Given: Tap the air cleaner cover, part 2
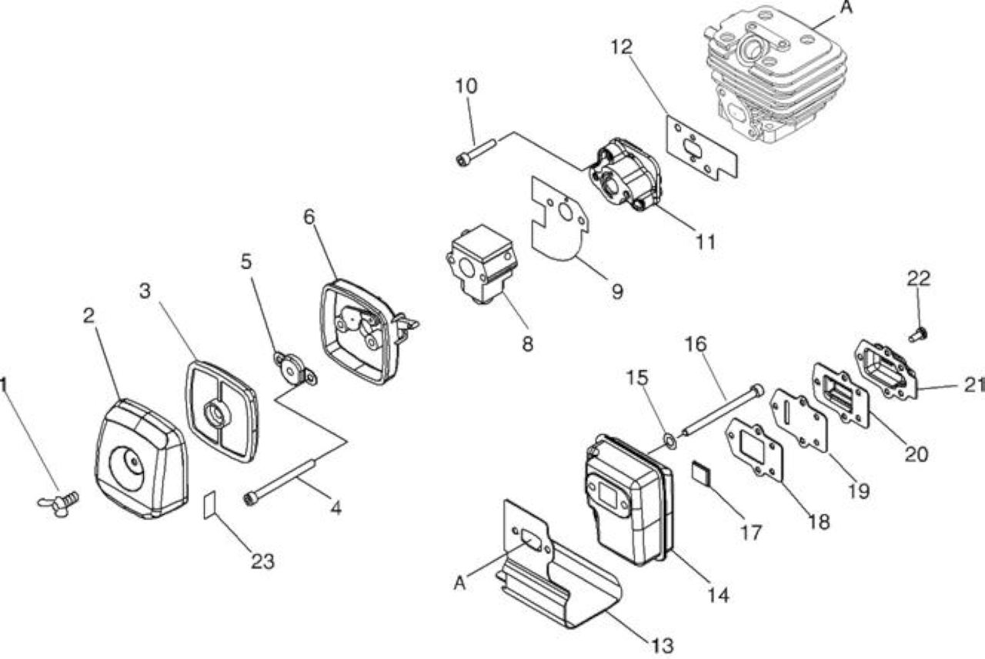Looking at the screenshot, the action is pyautogui.click(x=141, y=458).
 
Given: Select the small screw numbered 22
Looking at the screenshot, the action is pyautogui.click(x=917, y=335).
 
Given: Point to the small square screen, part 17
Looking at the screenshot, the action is pyautogui.click(x=701, y=473).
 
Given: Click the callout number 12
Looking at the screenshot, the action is pyautogui.click(x=622, y=47).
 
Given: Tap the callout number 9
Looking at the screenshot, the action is pyautogui.click(x=617, y=292).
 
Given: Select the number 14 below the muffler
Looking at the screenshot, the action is pyautogui.click(x=718, y=596).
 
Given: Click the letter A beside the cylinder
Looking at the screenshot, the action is pyautogui.click(x=846, y=8).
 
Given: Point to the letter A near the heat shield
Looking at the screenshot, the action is pyautogui.click(x=459, y=584).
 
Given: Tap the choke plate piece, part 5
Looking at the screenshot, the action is pyautogui.click(x=295, y=368).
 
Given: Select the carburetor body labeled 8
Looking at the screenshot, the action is pyautogui.click(x=482, y=263).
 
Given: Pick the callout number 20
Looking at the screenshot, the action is pyautogui.click(x=916, y=454).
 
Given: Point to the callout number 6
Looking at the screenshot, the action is pyautogui.click(x=309, y=216).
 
